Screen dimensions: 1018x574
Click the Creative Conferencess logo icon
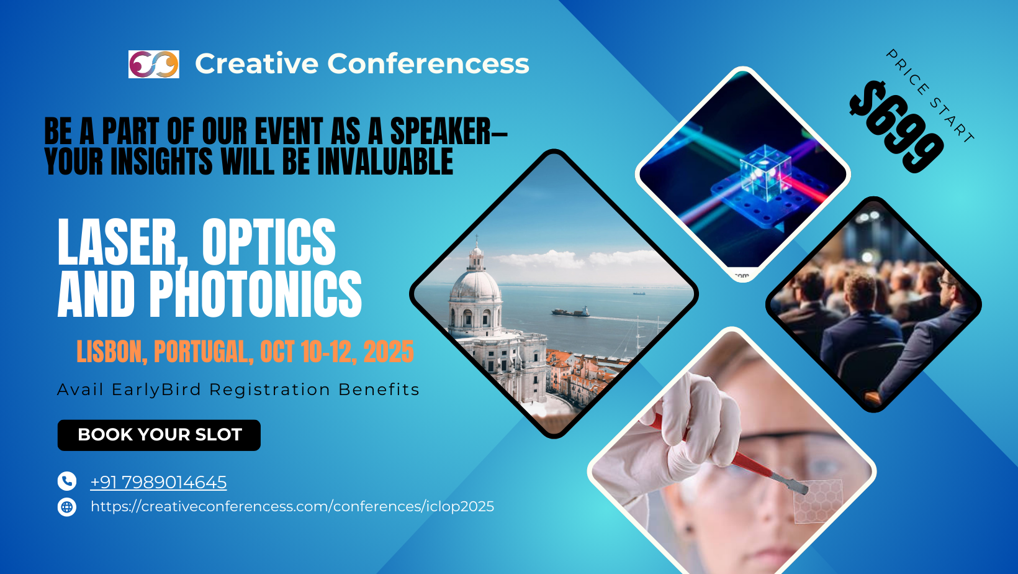click(153, 64)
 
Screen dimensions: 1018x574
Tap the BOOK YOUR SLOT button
click(159, 435)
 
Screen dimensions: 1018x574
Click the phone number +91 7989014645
click(158, 482)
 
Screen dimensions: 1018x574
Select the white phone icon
click(67, 481)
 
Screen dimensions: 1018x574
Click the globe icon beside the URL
click(67, 507)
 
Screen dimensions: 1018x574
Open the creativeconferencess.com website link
click(292, 507)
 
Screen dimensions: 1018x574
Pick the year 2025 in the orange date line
click(389, 352)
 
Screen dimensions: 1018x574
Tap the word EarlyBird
click(156, 389)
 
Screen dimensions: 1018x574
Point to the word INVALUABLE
click(385, 162)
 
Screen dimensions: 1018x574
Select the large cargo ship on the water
click(570, 312)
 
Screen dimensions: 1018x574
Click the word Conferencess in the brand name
click(428, 63)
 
